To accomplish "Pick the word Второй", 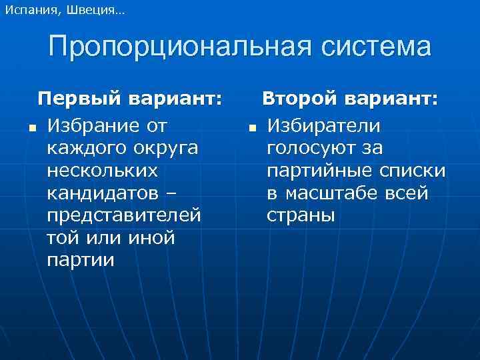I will pos(299,100).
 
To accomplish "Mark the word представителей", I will pos(124,215).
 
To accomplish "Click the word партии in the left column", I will pos(81,261).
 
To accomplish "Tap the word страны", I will pos(301,215).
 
